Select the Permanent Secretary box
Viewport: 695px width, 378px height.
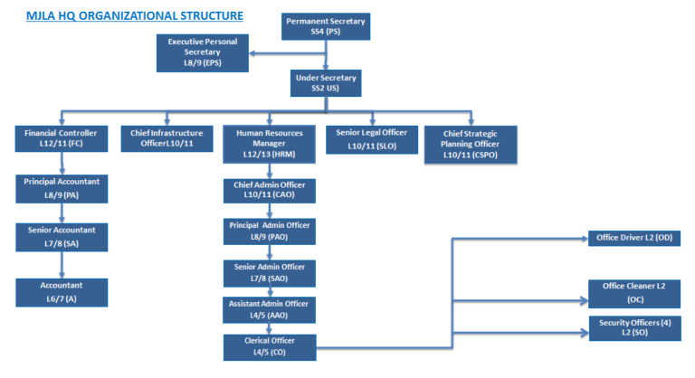coord(326,26)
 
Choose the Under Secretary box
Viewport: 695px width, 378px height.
coord(326,83)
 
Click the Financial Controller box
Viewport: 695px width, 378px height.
coord(61,138)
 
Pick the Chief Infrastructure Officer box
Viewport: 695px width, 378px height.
coord(167,138)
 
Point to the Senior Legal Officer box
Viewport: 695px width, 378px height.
coord(372,138)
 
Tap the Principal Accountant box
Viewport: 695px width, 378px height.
coord(62,187)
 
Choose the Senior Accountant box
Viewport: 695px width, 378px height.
coord(62,235)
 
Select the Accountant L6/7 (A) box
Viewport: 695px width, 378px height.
coord(62,290)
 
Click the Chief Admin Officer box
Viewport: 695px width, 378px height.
coord(270,190)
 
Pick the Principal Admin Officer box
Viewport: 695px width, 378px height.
coord(270,230)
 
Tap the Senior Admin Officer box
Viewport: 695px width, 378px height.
coord(270,272)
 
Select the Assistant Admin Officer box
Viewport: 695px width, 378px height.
coord(270,309)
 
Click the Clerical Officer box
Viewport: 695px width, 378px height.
coord(270,346)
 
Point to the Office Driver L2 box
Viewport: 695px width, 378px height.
coord(634,238)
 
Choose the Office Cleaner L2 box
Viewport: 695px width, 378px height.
coord(634,291)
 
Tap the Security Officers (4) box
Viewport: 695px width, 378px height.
coord(634,327)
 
